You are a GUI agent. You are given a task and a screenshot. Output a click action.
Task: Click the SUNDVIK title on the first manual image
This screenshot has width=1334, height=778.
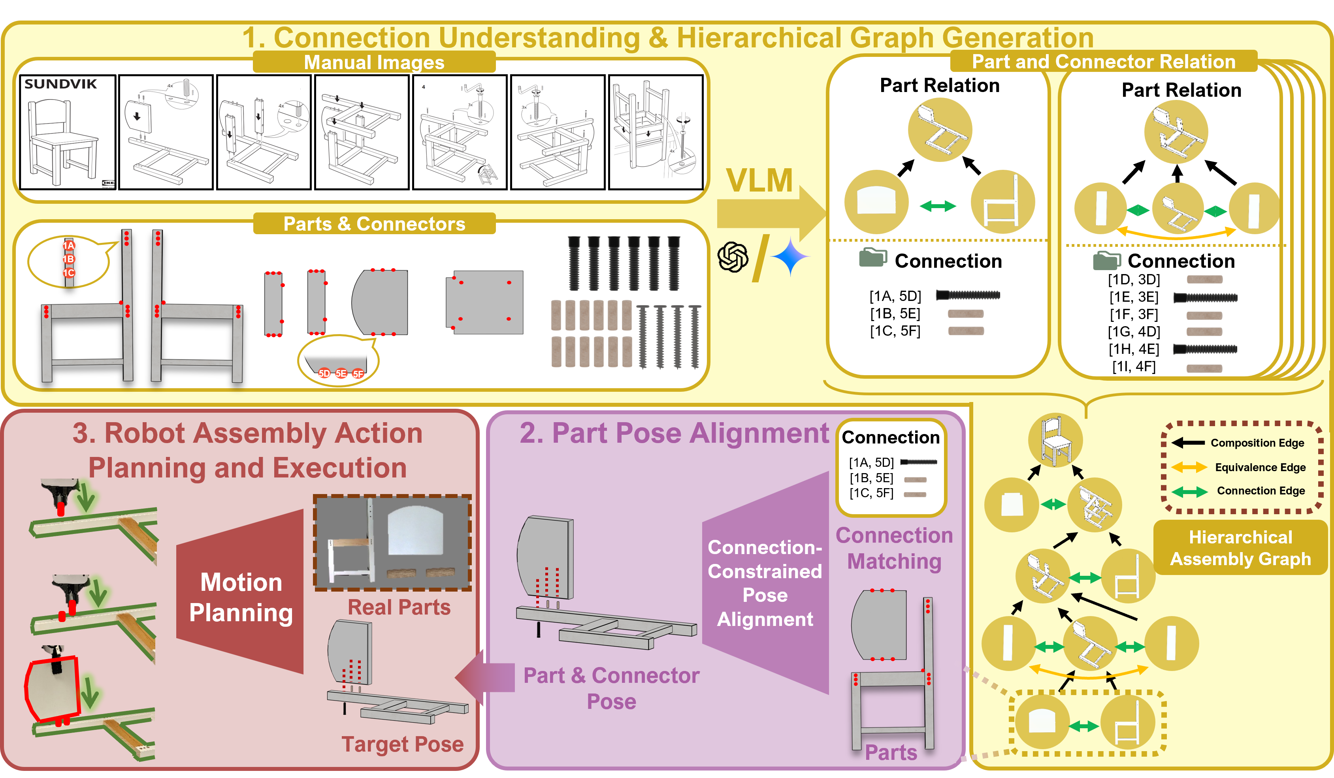[x=60, y=84]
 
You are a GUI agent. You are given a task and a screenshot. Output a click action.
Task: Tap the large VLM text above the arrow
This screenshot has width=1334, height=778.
[x=759, y=180]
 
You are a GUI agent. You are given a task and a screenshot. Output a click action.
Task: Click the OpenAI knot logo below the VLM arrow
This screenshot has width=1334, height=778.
[x=733, y=257]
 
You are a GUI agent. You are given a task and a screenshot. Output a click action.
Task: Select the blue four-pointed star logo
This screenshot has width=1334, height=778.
[x=790, y=257]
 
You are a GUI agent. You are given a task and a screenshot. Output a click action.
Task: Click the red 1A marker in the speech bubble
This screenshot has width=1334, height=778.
[x=69, y=246]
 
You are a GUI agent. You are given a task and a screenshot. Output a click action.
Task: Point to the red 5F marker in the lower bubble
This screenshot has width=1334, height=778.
[x=358, y=374]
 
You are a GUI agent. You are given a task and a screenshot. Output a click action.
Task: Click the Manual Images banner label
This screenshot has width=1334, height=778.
[x=374, y=62]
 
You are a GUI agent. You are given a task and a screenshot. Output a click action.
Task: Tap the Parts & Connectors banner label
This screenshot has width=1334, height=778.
[x=374, y=224]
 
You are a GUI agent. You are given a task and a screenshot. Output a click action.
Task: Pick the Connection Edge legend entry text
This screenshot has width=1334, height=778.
[x=1261, y=490]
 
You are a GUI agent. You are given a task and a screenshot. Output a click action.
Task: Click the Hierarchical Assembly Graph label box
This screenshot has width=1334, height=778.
[x=1240, y=548]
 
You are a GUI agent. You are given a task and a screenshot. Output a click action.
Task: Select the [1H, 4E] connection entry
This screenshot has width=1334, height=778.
[x=1134, y=349]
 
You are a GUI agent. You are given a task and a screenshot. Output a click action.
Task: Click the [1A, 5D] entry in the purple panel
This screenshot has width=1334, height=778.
[x=871, y=462]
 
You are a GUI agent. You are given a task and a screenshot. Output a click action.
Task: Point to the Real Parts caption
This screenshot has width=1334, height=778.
[x=399, y=607]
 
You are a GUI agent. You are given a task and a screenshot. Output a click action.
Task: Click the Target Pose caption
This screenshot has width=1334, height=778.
[x=402, y=744]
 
